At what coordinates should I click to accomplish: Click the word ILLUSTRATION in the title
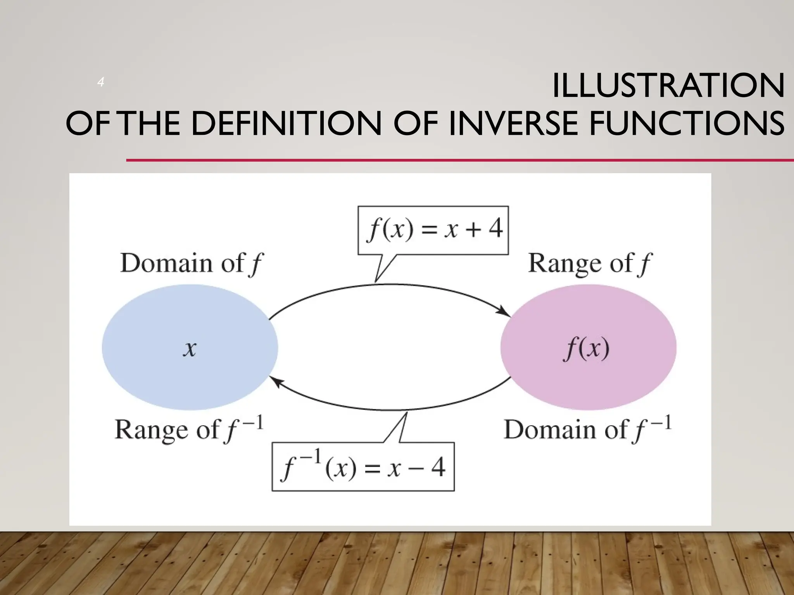click(668, 86)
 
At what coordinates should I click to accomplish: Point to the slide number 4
click(101, 82)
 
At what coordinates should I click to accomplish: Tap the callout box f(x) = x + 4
click(433, 230)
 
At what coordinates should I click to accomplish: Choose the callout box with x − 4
click(363, 467)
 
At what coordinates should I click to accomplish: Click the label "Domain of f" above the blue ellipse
click(191, 263)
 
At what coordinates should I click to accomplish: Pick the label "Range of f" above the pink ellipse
click(590, 263)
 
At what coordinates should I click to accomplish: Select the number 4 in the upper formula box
click(495, 229)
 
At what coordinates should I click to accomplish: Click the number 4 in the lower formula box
click(438, 468)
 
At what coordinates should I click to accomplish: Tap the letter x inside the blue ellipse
click(190, 349)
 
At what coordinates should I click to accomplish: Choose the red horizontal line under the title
click(460, 160)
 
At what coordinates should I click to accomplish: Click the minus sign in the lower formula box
click(416, 468)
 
